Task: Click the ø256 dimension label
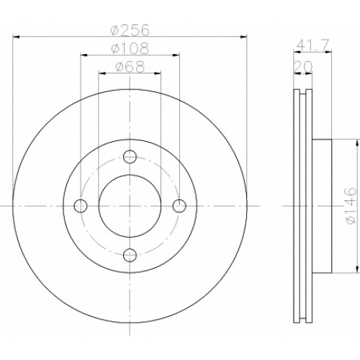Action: tap(130, 30)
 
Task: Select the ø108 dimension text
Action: tap(130, 48)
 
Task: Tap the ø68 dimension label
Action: tap(130, 67)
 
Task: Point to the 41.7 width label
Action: tap(312, 45)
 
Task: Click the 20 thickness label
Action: tap(303, 67)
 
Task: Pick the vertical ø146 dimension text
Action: tap(351, 206)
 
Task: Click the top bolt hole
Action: tap(130, 157)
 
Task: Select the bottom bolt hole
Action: tap(130, 255)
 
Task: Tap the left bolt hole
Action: tap(81, 206)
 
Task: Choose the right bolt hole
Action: tap(179, 206)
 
